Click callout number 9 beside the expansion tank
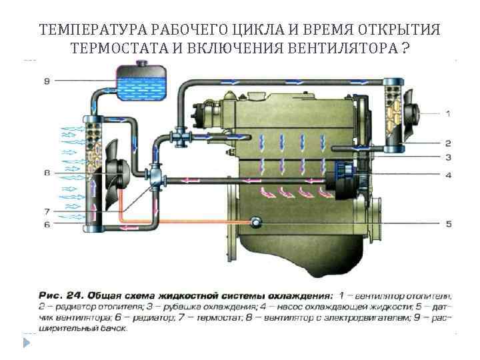click(x=46, y=81)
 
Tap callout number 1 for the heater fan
click(x=447, y=113)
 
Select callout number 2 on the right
click(x=447, y=143)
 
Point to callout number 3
click(x=447, y=158)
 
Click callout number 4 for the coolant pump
click(x=447, y=175)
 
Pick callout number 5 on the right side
click(x=447, y=224)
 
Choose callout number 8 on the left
click(x=46, y=173)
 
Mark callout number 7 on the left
click(x=46, y=211)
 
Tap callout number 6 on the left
click(x=46, y=225)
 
